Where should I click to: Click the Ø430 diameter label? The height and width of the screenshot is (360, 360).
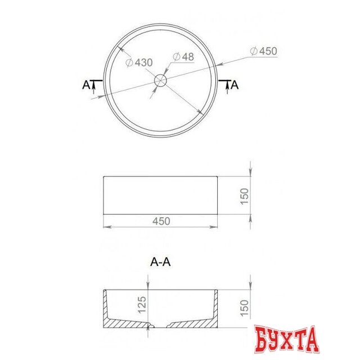pyautogui.click(x=139, y=62)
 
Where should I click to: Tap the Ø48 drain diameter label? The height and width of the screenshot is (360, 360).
pyautogui.click(x=183, y=57)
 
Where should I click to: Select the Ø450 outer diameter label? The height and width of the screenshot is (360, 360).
pyautogui.click(x=264, y=51)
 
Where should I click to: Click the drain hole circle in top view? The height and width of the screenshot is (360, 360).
pyautogui.click(x=160, y=80)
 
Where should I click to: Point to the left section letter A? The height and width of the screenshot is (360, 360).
pyautogui.click(x=86, y=85)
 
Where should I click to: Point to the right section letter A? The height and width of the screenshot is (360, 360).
pyautogui.click(x=235, y=85)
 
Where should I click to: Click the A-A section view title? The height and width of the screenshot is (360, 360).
pyautogui.click(x=160, y=262)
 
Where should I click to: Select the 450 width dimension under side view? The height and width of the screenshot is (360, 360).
pyautogui.click(x=161, y=221)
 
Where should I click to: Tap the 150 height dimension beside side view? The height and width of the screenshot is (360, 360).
pyautogui.click(x=244, y=196)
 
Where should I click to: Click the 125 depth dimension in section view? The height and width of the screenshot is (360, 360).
pyautogui.click(x=142, y=305)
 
